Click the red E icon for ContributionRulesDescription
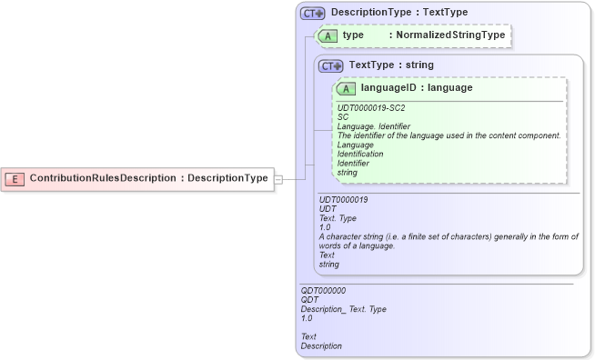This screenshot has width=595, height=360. point(15,178)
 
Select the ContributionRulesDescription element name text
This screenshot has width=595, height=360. point(101,178)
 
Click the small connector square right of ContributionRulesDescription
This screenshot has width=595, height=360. point(278,178)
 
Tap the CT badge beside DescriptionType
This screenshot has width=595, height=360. point(313,14)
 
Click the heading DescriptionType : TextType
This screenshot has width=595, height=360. point(399,13)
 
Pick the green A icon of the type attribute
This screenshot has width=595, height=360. point(327,35)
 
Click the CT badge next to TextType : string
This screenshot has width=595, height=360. point(330,65)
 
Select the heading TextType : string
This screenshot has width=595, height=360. point(391,65)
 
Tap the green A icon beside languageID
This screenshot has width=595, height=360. point(346,89)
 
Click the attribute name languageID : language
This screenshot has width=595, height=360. point(416,88)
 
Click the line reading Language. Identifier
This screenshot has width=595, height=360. point(374,126)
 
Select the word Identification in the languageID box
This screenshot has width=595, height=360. point(360,154)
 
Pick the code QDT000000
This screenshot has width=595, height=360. point(323,291)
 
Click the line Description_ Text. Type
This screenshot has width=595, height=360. point(344,309)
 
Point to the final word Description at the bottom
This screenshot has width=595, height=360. point(322,345)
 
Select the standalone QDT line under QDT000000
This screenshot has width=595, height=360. point(309,300)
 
